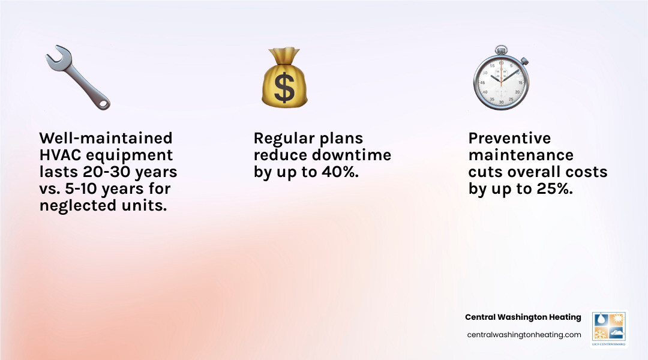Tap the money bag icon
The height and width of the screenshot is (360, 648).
284,79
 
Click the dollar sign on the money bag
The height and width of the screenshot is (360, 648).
284,87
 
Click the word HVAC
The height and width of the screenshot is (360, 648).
61,155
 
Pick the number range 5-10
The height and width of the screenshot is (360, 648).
84,189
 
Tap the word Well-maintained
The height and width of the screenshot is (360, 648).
106,139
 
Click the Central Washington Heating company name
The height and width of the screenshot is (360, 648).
523,317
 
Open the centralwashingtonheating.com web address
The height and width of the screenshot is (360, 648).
524,335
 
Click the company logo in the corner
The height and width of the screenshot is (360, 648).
609,329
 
